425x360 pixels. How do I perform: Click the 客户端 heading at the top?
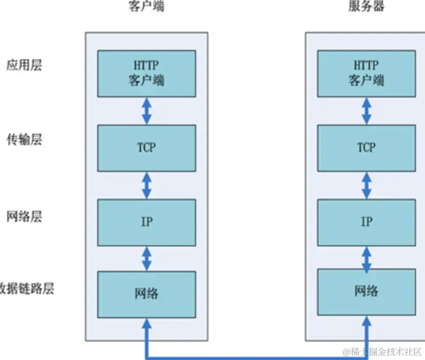tap(147, 7)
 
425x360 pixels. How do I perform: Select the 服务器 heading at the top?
tap(366, 7)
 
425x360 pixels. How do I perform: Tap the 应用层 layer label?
tap(23, 65)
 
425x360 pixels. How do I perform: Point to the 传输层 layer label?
tap(23, 140)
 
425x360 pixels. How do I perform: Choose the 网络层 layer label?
tap(23, 216)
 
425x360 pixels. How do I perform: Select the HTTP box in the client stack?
tap(147, 73)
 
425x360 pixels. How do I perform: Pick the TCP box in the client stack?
tap(147, 148)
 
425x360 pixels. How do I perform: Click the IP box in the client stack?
tap(147, 221)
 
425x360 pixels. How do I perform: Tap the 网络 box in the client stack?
tap(147, 294)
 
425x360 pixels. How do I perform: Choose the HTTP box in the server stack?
tap(366, 73)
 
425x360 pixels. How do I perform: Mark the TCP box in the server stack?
tap(366, 148)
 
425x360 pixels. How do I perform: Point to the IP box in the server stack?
tap(366, 221)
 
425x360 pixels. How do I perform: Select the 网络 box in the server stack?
tap(366, 291)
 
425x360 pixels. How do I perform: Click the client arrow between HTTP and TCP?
tap(147, 110)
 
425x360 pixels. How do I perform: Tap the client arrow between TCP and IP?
tap(147, 185)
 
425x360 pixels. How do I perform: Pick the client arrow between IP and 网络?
tap(147, 258)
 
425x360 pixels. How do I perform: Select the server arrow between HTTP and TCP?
tap(366, 110)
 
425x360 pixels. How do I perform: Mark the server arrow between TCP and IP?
tap(366, 185)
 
